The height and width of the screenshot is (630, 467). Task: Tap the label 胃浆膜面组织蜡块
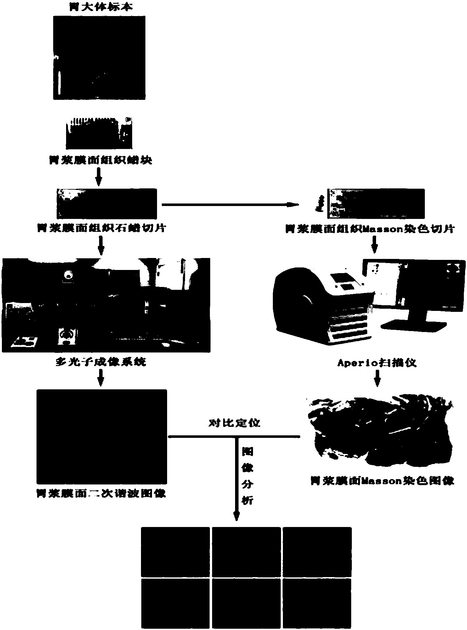100,160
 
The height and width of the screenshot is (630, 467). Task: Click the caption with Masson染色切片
370,229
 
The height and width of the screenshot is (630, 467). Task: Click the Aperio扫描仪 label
377,363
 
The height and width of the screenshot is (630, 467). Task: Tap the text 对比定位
235,423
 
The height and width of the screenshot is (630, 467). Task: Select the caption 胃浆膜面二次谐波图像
101,494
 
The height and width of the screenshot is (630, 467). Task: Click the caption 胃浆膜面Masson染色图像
382,481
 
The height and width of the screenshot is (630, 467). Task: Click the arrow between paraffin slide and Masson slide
230,205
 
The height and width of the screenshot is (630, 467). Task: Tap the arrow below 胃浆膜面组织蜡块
99,177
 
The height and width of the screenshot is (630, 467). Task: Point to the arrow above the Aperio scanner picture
374,245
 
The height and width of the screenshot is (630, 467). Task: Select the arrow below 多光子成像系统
100,377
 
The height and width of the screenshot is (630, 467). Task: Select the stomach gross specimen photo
99,58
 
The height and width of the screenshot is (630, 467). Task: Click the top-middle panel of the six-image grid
246,551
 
